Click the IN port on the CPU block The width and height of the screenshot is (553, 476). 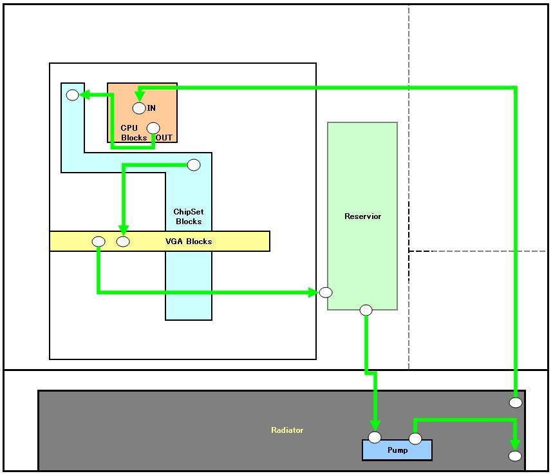pyautogui.click(x=139, y=108)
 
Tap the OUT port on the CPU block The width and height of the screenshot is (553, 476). pyautogui.click(x=153, y=128)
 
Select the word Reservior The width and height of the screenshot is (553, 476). pyautogui.click(x=362, y=216)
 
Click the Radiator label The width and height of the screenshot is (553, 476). pyautogui.click(x=287, y=430)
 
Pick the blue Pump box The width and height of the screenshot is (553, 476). pyautogui.click(x=397, y=450)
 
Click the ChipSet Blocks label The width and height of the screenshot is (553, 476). pyautogui.click(x=189, y=216)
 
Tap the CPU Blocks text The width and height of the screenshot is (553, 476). pyautogui.click(x=134, y=133)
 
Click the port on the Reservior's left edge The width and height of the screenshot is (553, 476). pyautogui.click(x=326, y=292)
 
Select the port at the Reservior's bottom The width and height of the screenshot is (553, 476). pyautogui.click(x=366, y=310)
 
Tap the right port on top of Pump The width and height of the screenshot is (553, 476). pyautogui.click(x=415, y=439)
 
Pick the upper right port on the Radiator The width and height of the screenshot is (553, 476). pyautogui.click(x=516, y=403)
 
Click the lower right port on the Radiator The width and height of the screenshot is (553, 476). pyautogui.click(x=515, y=456)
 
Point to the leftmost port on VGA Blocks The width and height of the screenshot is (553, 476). pyautogui.click(x=98, y=242)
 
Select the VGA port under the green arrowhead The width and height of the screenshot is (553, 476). pyautogui.click(x=123, y=242)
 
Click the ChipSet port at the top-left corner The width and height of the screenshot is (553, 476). pyautogui.click(x=73, y=95)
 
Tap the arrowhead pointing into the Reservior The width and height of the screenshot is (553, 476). pyautogui.click(x=314, y=292)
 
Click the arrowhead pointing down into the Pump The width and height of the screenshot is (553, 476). pyautogui.click(x=374, y=426)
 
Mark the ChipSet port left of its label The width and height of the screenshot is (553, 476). pyautogui.click(x=194, y=165)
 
